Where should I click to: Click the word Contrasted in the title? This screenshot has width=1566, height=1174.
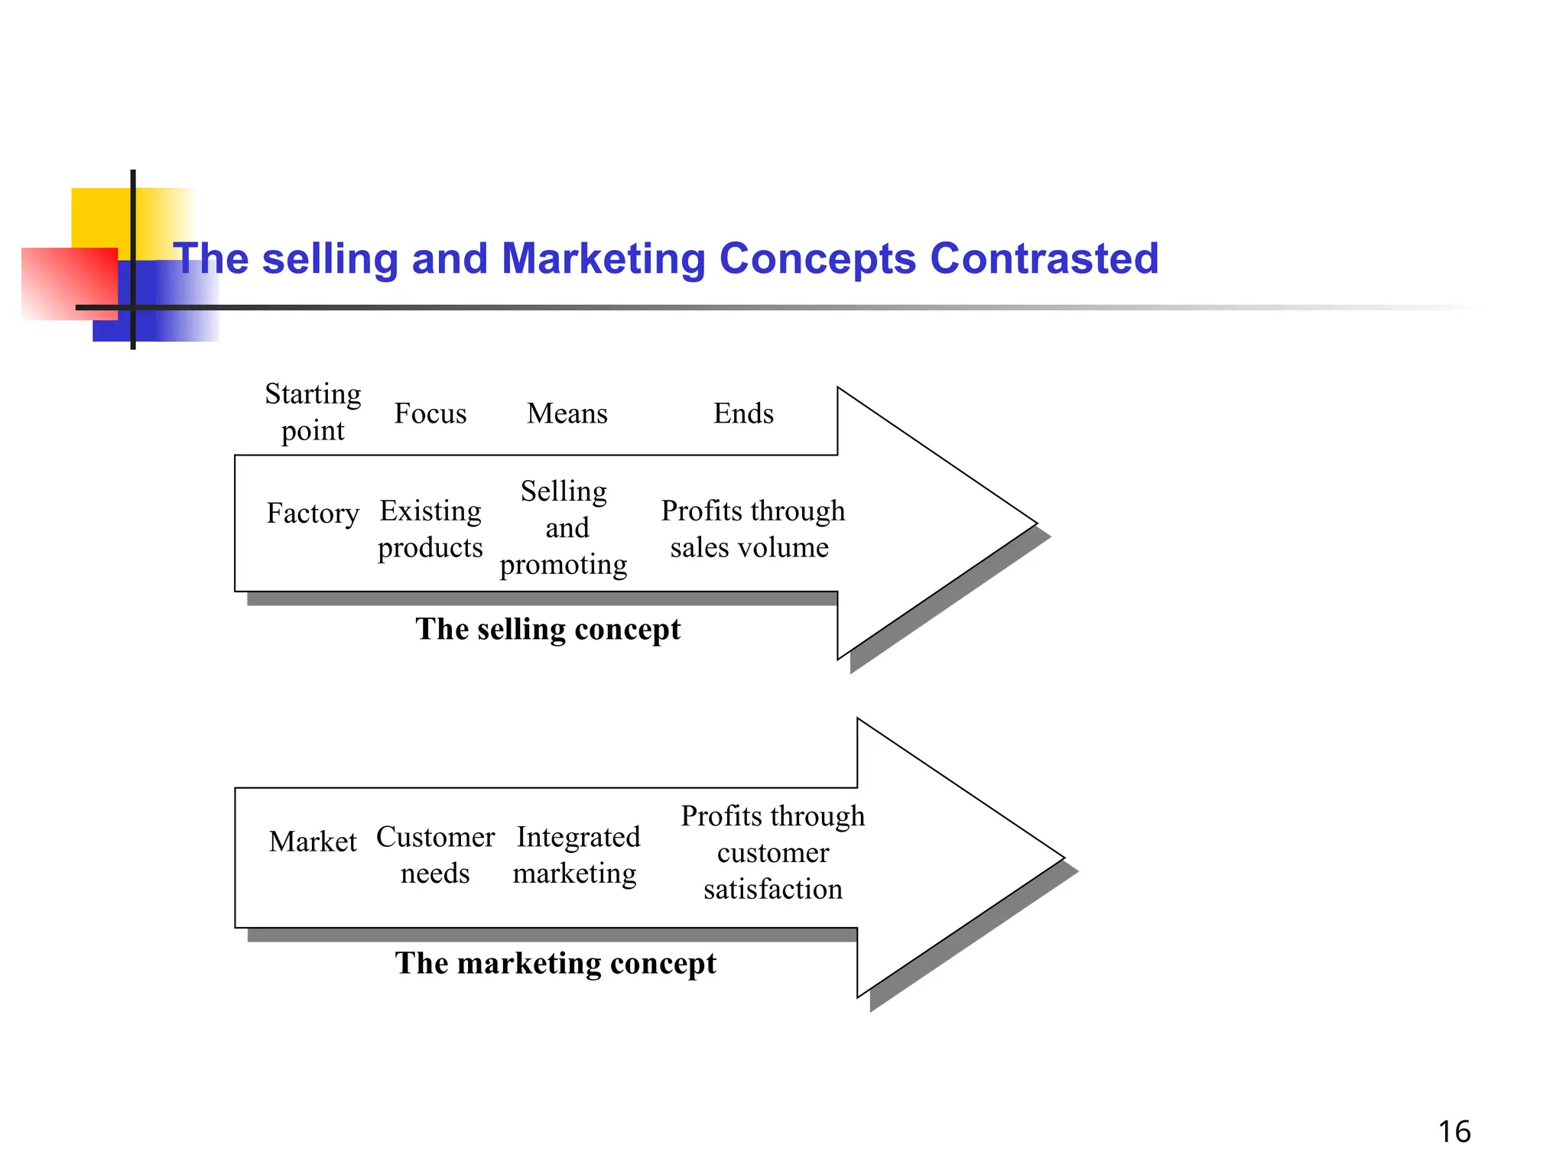point(1044,258)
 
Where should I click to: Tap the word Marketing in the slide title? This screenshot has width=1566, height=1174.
point(603,258)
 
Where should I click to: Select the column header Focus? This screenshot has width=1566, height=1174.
point(430,413)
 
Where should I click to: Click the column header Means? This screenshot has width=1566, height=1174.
point(567,413)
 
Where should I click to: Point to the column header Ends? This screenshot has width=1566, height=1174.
point(743,413)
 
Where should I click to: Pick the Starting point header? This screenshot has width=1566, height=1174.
point(313,412)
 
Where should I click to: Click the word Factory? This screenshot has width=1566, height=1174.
point(313,513)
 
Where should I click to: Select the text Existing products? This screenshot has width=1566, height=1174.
point(430,529)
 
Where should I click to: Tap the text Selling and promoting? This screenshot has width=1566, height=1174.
point(564,527)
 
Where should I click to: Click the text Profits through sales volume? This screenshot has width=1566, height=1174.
point(752,529)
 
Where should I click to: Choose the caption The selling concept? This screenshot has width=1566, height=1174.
point(547,629)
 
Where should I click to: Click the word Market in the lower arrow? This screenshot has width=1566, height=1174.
point(313,842)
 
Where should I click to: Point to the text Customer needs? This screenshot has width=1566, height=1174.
point(435,855)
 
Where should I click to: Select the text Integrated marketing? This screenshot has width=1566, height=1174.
point(577,855)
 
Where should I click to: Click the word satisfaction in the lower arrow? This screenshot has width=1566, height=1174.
point(772,889)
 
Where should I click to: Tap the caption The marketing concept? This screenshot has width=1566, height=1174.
point(555,963)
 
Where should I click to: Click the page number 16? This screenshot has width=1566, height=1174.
point(1454,1131)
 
